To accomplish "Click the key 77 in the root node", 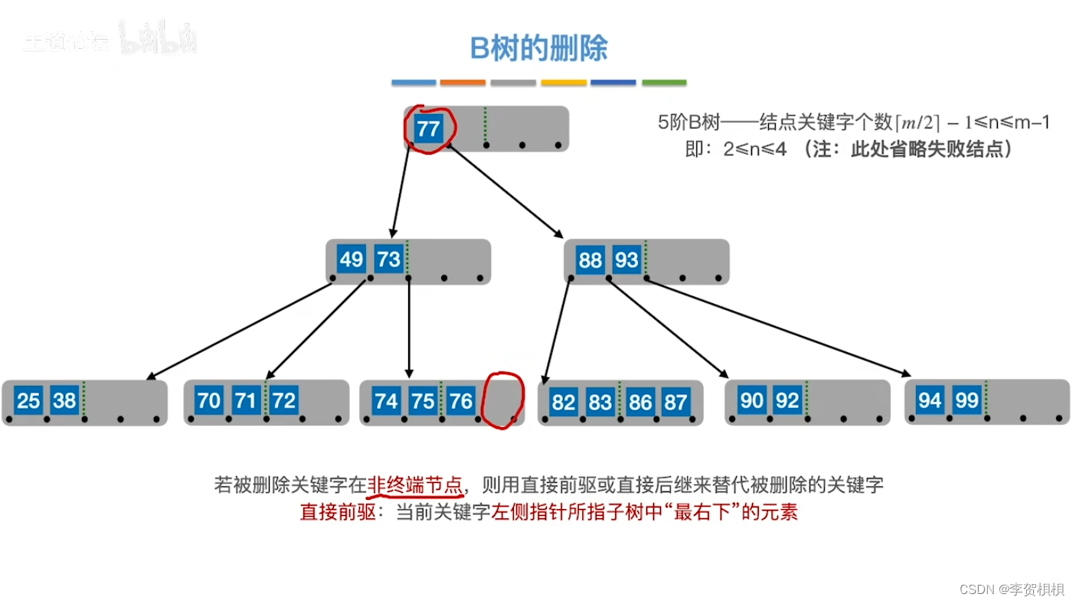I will tap(428, 128).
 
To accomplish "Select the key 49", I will tap(351, 260).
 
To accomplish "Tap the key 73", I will tap(388, 260).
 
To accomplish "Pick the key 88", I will tap(590, 260).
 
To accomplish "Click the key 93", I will tap(626, 260).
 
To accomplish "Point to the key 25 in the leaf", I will tap(28, 400).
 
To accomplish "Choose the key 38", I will tap(64, 400).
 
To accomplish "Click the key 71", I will tap(245, 400).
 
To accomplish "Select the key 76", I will tap(460, 400).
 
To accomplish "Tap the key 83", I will tap(600, 402).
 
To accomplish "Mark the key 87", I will tap(675, 402).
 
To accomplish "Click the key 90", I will tap(751, 400).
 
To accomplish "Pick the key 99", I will tap(966, 400).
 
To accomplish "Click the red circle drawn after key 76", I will tap(502, 400).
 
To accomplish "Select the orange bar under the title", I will tap(463, 83).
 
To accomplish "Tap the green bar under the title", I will tap(664, 83).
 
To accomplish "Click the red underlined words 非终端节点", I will tap(415, 485).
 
